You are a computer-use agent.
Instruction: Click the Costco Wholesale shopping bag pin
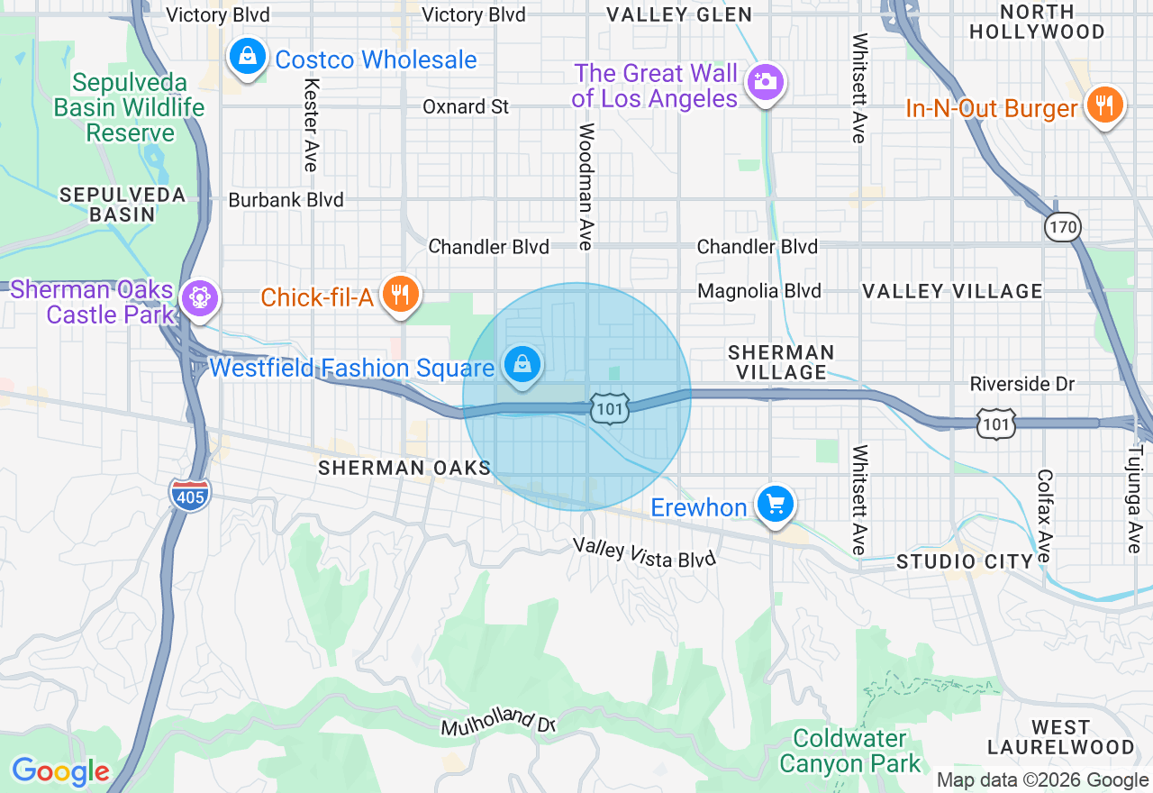[x=247, y=58]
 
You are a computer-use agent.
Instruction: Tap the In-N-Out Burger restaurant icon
[x=1103, y=105]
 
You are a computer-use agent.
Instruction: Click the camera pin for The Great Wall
[x=766, y=82]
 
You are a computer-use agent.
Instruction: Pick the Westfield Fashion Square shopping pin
[x=522, y=365]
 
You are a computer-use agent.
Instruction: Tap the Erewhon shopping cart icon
[x=775, y=505]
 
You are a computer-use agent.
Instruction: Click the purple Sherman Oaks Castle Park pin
[x=199, y=297]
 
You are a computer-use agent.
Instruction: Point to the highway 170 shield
[x=1063, y=226]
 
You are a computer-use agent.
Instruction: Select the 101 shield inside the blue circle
[x=610, y=409]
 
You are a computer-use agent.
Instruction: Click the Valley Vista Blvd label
[x=645, y=553]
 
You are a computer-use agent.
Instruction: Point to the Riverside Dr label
[x=1022, y=384]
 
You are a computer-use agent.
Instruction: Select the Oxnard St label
[x=466, y=106]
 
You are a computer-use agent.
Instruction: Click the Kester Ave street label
[x=311, y=124]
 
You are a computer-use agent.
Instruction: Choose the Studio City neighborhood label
[x=965, y=561]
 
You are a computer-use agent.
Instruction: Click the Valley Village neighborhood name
[x=952, y=291]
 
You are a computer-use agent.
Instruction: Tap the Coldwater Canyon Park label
[x=849, y=752]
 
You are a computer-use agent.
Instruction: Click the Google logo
[x=60, y=771]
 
